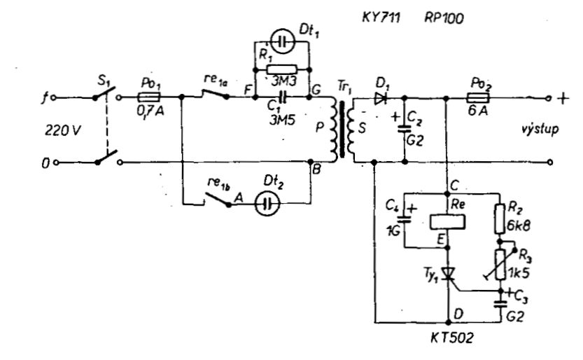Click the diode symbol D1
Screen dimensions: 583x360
380,98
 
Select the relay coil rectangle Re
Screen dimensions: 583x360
448,221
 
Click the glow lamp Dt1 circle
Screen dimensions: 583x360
282,42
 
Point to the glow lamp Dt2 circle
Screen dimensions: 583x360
267,203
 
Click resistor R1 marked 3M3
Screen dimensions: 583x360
282,69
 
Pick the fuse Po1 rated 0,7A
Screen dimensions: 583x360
149,98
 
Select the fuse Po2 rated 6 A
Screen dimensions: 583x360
479,98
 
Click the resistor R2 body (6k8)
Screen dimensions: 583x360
500,219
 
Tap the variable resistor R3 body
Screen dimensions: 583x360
500,265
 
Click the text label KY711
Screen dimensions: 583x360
381,18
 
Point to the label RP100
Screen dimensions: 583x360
444,18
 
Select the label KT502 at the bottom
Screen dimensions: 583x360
452,338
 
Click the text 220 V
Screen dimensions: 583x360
62,130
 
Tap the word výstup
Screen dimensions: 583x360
540,130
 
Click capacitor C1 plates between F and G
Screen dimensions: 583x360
283,97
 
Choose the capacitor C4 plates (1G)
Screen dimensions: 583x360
404,219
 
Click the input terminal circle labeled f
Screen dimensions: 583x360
53,98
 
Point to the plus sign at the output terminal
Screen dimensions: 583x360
563,99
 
